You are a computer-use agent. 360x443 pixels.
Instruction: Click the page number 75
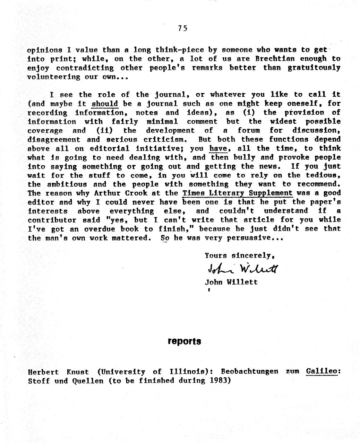[182, 28]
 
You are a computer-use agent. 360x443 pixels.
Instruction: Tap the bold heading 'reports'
[184, 341]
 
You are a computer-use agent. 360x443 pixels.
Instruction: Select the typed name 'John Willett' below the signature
[231, 282]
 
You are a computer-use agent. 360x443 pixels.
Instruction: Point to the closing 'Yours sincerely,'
[240, 256]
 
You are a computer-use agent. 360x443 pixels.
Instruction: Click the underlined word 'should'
[105, 104]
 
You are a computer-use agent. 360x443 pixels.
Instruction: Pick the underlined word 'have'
[218, 148]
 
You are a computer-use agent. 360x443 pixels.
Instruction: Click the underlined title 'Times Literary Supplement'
[237, 193]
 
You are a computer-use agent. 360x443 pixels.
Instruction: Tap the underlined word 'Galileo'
[322, 371]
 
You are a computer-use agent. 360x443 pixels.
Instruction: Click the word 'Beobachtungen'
[250, 371]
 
